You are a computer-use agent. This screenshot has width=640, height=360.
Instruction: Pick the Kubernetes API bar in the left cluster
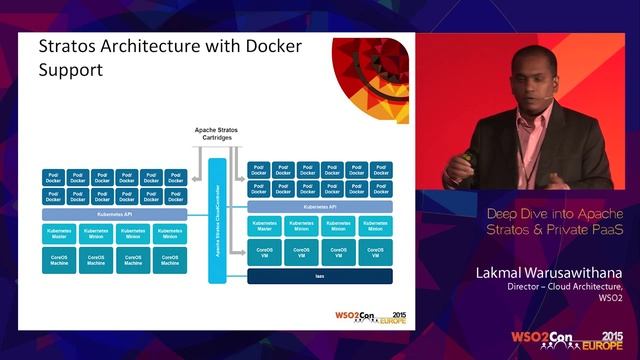[x=114, y=214]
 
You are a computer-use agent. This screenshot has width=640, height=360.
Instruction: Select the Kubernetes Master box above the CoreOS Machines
[x=59, y=233]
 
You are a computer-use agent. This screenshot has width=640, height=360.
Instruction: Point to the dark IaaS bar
[x=320, y=276]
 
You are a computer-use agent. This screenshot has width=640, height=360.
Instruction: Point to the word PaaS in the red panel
[x=601, y=231]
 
